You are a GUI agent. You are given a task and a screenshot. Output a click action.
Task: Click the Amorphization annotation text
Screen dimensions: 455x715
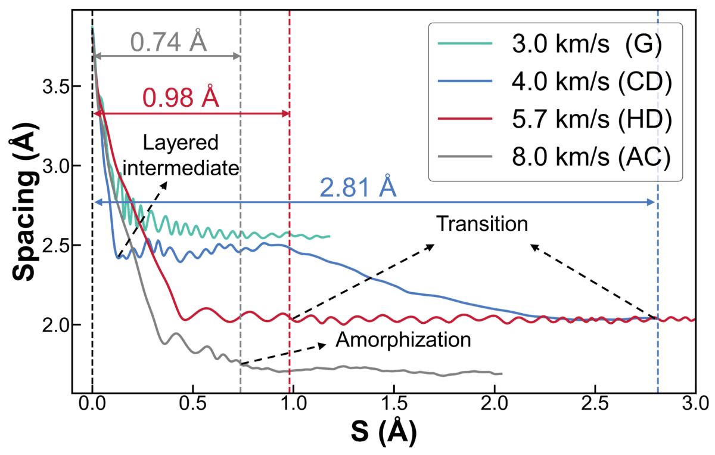tap(403, 340)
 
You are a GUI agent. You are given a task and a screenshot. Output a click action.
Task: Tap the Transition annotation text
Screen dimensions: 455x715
tap(482, 224)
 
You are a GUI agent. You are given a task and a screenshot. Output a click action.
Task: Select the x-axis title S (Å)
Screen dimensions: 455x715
tap(383, 431)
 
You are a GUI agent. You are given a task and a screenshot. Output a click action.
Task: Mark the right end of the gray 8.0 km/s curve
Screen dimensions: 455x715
tap(502, 373)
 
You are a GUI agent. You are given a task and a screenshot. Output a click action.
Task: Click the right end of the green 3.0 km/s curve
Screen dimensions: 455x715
tap(329, 236)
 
